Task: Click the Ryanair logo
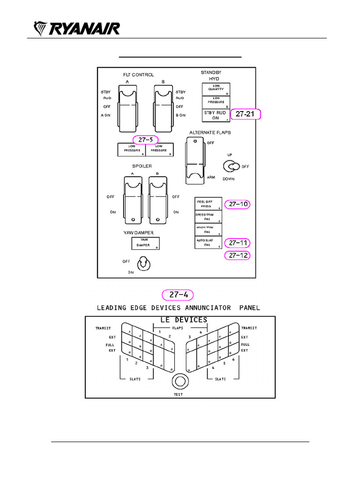(77, 29)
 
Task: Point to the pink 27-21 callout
(247, 114)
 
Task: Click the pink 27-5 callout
(145, 140)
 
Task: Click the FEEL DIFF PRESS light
(208, 204)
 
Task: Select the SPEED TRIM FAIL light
(208, 217)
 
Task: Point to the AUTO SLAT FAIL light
(208, 242)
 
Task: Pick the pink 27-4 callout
(178, 294)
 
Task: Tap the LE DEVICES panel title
(180, 320)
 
